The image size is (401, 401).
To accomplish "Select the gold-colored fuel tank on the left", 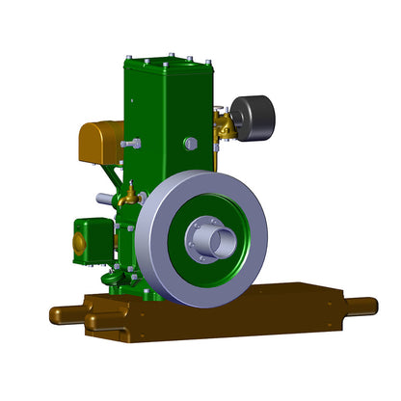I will [99, 142].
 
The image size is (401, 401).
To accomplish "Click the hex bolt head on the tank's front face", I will [190, 144].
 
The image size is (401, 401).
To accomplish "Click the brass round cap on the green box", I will [79, 243].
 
